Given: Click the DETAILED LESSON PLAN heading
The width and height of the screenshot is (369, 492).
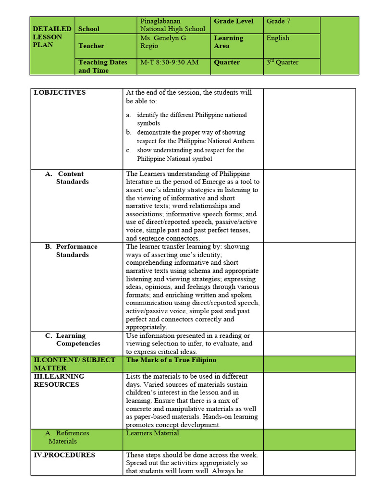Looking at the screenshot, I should coord(52,37).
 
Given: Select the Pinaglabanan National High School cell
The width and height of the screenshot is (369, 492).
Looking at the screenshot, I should coord(172,25).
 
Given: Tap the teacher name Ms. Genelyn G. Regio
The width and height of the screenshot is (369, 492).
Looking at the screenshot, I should coord(164,42).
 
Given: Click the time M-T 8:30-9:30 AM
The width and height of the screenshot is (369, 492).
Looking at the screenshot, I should coord(169,62).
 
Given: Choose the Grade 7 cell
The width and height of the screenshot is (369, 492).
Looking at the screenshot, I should coord(278,21).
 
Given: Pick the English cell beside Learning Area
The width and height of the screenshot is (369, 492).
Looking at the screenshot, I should coord(278,38).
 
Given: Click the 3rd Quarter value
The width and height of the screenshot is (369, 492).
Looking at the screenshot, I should coord(283,62).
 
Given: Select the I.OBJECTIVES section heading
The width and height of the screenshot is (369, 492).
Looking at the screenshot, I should coord(60,92).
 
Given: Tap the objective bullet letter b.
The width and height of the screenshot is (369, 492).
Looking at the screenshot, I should coord(129,132).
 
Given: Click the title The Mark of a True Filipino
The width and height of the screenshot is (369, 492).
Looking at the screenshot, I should coord(171,360).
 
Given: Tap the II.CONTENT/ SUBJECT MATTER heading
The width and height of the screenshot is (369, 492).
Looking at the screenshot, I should coord(74,364).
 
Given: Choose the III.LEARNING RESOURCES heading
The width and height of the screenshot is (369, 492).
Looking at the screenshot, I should coord(59,380).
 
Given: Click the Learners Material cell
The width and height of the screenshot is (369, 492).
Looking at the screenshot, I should coord(152,433).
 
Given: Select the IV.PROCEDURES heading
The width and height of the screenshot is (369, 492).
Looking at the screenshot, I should coord(64,455).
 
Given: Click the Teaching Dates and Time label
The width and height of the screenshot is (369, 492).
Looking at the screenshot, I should coord(103,66).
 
